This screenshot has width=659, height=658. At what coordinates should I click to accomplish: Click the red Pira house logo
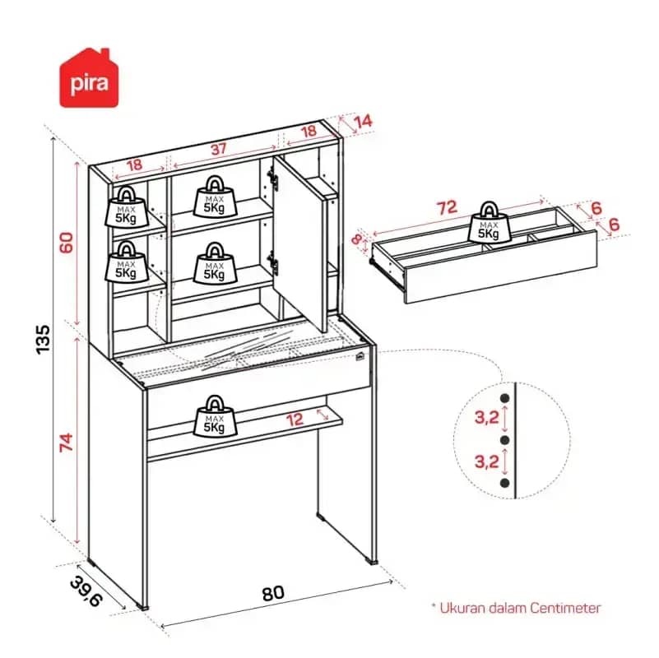point(89,78)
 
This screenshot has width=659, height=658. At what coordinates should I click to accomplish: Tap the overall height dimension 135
point(43,339)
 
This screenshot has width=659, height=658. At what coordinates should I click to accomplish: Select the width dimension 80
point(273,593)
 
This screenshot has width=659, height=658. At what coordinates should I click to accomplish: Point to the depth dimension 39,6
point(86,591)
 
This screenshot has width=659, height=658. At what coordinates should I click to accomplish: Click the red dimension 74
point(67,443)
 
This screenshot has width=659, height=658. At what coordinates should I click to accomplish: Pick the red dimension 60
point(67,243)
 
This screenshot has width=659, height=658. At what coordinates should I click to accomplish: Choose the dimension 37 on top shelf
point(219,149)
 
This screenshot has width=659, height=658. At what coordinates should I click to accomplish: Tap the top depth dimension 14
point(363,122)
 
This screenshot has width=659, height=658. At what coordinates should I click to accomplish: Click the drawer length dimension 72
point(447,207)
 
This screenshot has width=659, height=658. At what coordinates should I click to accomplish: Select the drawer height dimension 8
point(357,240)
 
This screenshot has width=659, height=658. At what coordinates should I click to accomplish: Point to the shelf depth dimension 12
point(295,419)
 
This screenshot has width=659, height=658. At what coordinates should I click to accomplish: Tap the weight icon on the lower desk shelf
point(215,415)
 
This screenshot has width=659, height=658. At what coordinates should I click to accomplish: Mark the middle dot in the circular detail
point(505,440)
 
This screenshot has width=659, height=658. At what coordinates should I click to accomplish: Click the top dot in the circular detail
point(505,398)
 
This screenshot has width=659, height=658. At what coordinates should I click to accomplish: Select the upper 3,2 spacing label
point(487,418)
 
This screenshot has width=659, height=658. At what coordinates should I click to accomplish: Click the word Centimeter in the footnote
point(565,608)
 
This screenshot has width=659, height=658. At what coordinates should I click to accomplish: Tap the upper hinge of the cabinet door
point(273,177)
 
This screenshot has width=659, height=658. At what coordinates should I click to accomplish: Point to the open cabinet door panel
point(299,243)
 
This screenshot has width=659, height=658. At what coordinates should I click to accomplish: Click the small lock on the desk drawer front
point(360,357)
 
